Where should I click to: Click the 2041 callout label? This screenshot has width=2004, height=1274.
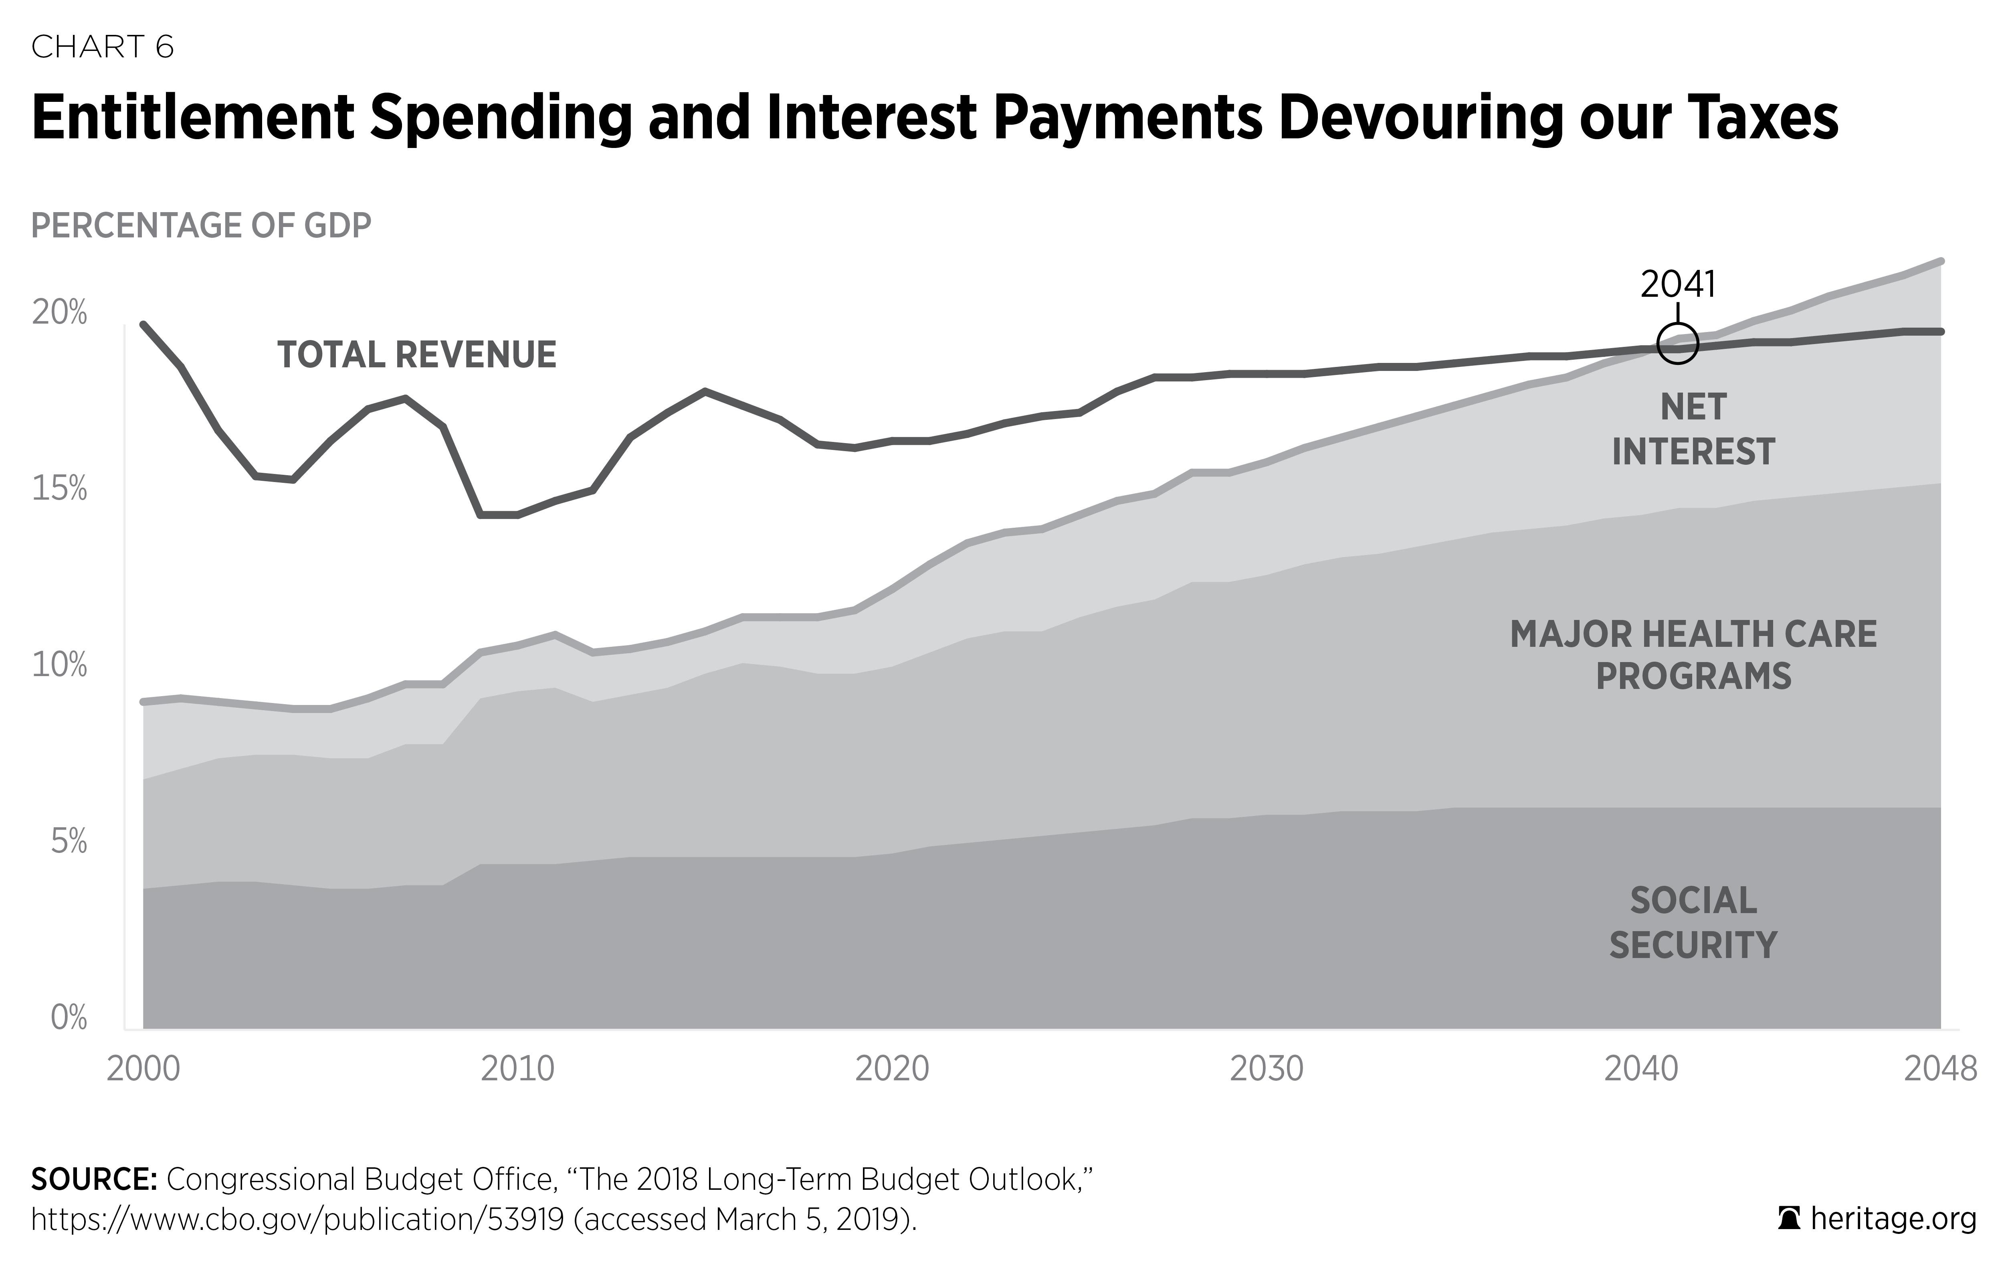pos(1678,285)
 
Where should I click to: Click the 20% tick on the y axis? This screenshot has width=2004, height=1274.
pos(59,313)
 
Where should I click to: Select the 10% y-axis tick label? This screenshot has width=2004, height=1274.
pos(59,665)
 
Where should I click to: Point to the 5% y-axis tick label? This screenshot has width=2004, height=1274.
pos(68,842)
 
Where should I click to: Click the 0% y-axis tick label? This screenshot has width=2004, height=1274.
pos(68,1017)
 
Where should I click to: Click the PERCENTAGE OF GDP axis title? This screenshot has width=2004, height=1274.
pos(200,226)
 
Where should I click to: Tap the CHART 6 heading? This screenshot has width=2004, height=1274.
pos(102,47)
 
